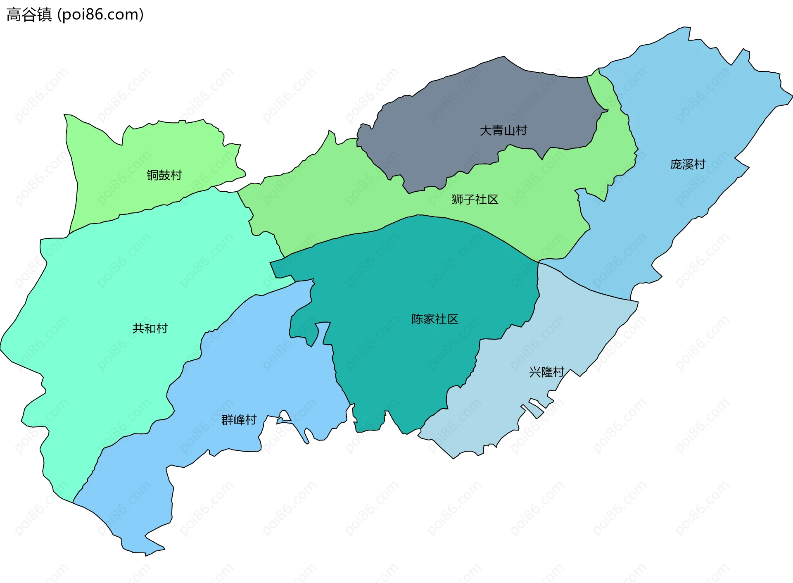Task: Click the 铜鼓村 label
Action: pyautogui.click(x=164, y=175)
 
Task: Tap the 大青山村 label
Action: pyautogui.click(x=503, y=131)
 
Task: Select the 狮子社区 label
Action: pyautogui.click(x=475, y=200)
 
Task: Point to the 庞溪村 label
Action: pyautogui.click(x=688, y=164)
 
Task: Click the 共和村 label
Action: pyautogui.click(x=150, y=328)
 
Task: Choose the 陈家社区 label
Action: pyautogui.click(x=434, y=319)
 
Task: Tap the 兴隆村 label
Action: pyautogui.click(x=546, y=372)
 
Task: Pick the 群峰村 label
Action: pyautogui.click(x=239, y=420)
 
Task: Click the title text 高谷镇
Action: pyautogui.click(x=29, y=14)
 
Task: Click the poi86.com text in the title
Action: pyautogui.click(x=100, y=14)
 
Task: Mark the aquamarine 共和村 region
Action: pyautogui.click(x=103, y=289)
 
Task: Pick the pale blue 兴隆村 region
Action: pyautogui.click(x=578, y=322)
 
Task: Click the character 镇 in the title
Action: pyautogui.click(x=44, y=14)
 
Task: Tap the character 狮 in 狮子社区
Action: pyautogui.click(x=457, y=200)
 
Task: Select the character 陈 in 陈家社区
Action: pyautogui.click(x=417, y=319)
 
